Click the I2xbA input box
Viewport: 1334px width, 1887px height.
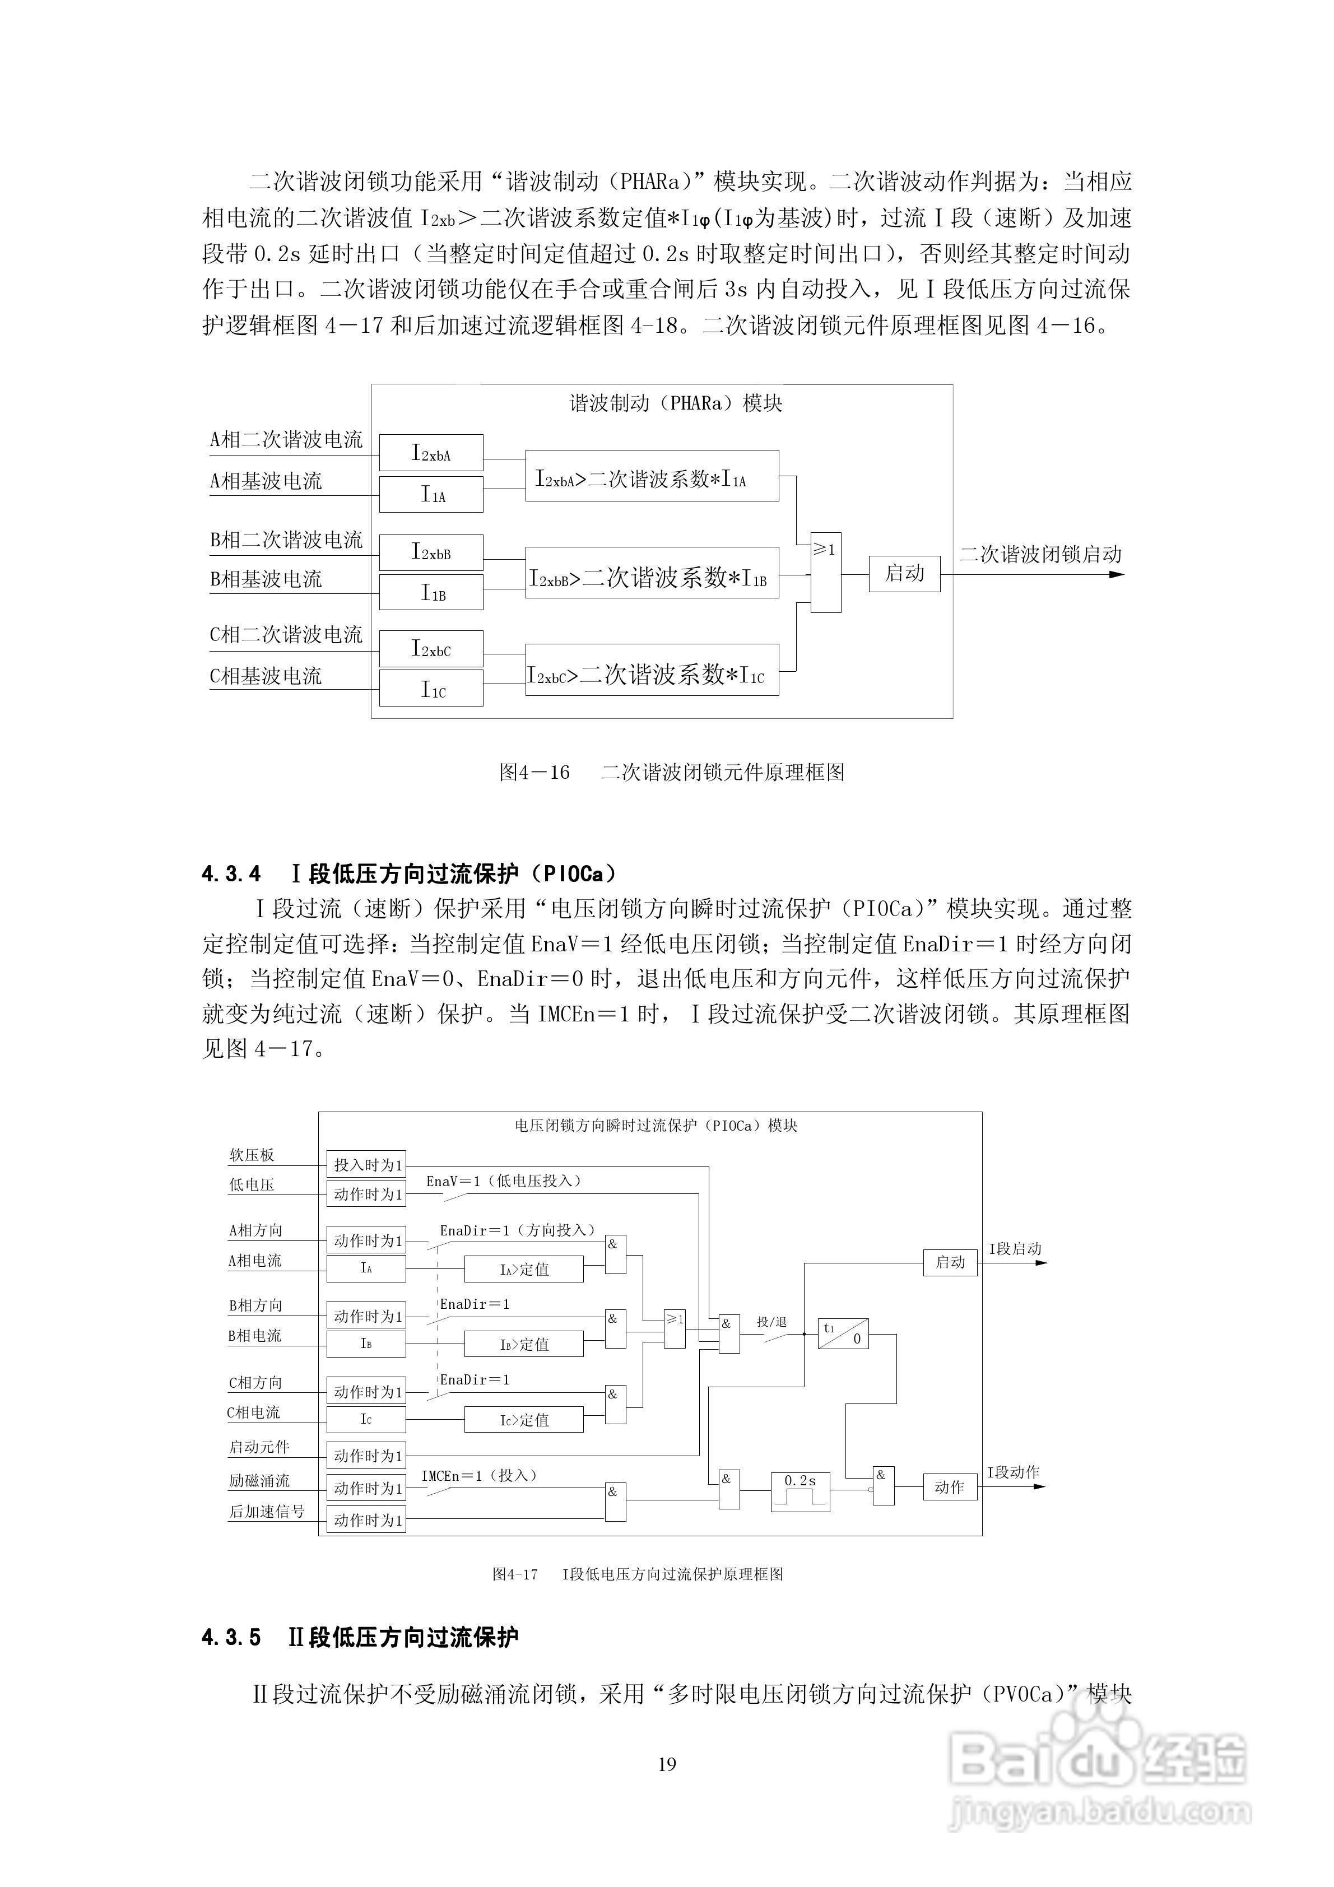click(431, 453)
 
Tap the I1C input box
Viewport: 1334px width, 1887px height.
click(431, 689)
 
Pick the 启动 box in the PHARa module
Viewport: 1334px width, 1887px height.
click(904, 573)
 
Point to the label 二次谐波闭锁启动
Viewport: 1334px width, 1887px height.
click(1040, 555)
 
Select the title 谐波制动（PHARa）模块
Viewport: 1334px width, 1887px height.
click(676, 403)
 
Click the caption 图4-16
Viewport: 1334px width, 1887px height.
click(534, 773)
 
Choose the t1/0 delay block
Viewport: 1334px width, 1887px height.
click(843, 1333)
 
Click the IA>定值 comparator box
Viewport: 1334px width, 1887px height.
click(524, 1269)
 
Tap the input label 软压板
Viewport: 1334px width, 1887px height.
click(252, 1155)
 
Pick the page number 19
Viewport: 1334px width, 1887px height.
click(667, 1764)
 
